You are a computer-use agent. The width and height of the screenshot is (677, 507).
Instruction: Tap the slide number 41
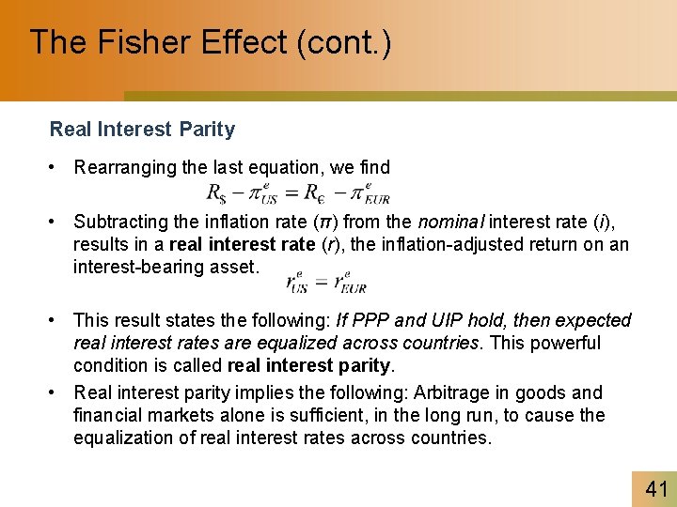(x=655, y=488)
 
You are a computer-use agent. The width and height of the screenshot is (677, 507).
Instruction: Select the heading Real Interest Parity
(x=142, y=130)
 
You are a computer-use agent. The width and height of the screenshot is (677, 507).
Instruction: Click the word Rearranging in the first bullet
(x=126, y=168)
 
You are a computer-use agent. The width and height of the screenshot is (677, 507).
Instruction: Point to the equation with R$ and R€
(x=297, y=192)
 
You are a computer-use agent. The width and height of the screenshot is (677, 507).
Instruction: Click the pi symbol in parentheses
(x=320, y=223)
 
